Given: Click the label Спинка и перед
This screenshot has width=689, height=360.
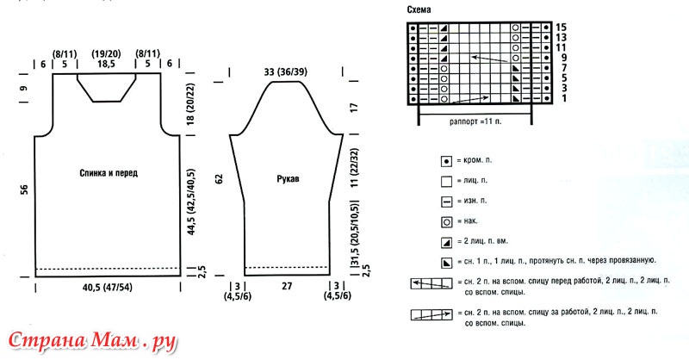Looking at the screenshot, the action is [109, 173].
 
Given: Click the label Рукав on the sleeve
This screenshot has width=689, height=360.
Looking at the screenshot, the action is [288, 178].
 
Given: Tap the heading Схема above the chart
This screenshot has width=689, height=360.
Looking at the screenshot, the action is [419, 9].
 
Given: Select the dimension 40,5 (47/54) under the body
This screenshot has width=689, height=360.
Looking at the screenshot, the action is [107, 288].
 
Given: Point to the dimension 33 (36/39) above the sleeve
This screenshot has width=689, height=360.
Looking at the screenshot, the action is [286, 71].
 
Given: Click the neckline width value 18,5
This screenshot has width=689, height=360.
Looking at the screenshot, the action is [106, 65].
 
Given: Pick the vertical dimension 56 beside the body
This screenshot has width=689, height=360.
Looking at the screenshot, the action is [24, 189].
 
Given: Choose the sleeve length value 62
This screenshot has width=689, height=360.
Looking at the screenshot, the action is [219, 179].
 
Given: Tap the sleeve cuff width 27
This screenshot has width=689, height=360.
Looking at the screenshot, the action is [287, 286].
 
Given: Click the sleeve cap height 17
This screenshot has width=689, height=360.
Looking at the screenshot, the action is [354, 108].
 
